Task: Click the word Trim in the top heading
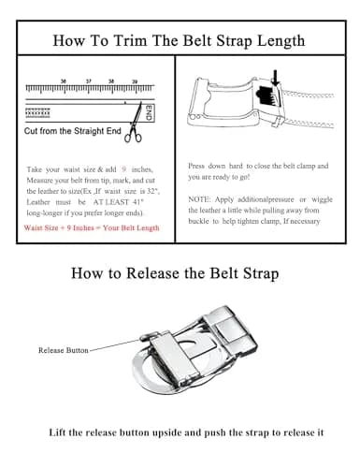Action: coord(130,40)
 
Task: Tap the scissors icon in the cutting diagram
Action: coord(135,124)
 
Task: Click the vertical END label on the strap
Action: coord(149,112)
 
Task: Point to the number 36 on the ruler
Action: coord(64,81)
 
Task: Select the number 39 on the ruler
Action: coord(135,81)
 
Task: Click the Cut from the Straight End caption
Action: coord(73,131)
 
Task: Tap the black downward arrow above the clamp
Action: coord(275,78)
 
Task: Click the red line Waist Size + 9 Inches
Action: coord(92,227)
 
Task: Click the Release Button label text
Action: coord(64,350)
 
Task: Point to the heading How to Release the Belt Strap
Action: coord(175,273)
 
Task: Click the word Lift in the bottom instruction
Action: coord(57,432)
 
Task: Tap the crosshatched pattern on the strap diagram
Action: coord(37,112)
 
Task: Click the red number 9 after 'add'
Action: coord(124,169)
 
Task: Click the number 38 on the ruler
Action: coord(111,81)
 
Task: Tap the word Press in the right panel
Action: coord(196,166)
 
